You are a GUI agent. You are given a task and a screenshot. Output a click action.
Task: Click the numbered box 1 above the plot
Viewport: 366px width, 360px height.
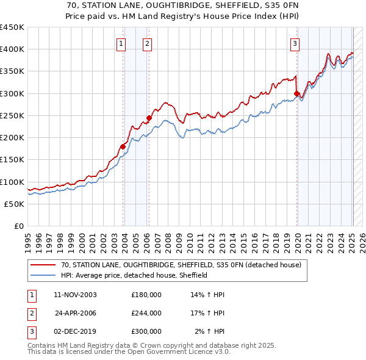pos(121,43)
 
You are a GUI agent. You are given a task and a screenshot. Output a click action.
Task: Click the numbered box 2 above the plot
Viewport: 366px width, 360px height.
pos(148,43)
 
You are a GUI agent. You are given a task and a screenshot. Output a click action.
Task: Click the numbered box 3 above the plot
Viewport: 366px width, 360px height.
pos(295,43)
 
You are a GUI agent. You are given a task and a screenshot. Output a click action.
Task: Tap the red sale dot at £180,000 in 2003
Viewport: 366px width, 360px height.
pos(123,146)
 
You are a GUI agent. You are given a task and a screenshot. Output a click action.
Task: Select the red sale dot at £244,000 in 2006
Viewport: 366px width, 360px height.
pos(149,118)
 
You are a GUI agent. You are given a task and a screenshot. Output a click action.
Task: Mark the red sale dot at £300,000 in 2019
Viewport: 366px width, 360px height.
pos(297,93)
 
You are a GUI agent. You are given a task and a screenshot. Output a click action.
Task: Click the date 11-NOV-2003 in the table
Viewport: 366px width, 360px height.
pos(76,295)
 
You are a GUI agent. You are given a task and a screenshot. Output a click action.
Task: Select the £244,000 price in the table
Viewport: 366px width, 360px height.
pos(146,313)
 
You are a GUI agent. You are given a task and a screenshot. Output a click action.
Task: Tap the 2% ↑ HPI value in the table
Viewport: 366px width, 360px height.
pos(210,331)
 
